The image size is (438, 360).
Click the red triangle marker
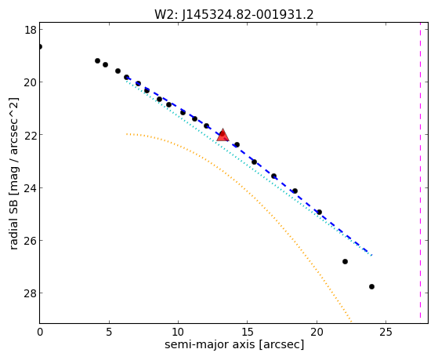pyautogui.click(x=223, y=135)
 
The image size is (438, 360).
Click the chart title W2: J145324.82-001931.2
pyautogui.click(x=234, y=14)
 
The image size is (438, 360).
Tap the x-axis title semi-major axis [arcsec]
pyautogui.click(x=234, y=344)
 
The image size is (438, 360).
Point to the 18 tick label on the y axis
pyautogui.click(x=31, y=30)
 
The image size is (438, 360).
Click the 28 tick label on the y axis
pyautogui.click(x=31, y=293)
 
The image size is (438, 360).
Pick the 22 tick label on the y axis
pyautogui.click(x=31, y=135)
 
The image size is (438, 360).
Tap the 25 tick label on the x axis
pyautogui.click(x=386, y=332)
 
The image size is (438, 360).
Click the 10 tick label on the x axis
pyautogui.click(x=178, y=332)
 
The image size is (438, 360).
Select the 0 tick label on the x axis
pyautogui.click(x=40, y=332)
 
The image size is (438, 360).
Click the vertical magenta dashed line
pyautogui.click(x=421, y=173)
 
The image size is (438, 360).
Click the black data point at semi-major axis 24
pyautogui.click(x=371, y=287)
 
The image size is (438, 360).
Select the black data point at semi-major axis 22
pyautogui.click(x=345, y=261)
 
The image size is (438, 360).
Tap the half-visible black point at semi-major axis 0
pyautogui.click(x=40, y=46)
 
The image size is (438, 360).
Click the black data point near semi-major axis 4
pyautogui.click(x=97, y=60)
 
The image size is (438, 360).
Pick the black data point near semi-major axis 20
pyautogui.click(x=319, y=212)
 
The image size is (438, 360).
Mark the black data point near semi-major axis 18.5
pyautogui.click(x=295, y=191)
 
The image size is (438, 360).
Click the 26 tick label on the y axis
pyautogui.click(x=31, y=241)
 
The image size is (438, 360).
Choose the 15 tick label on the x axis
pyautogui.click(x=248, y=332)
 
